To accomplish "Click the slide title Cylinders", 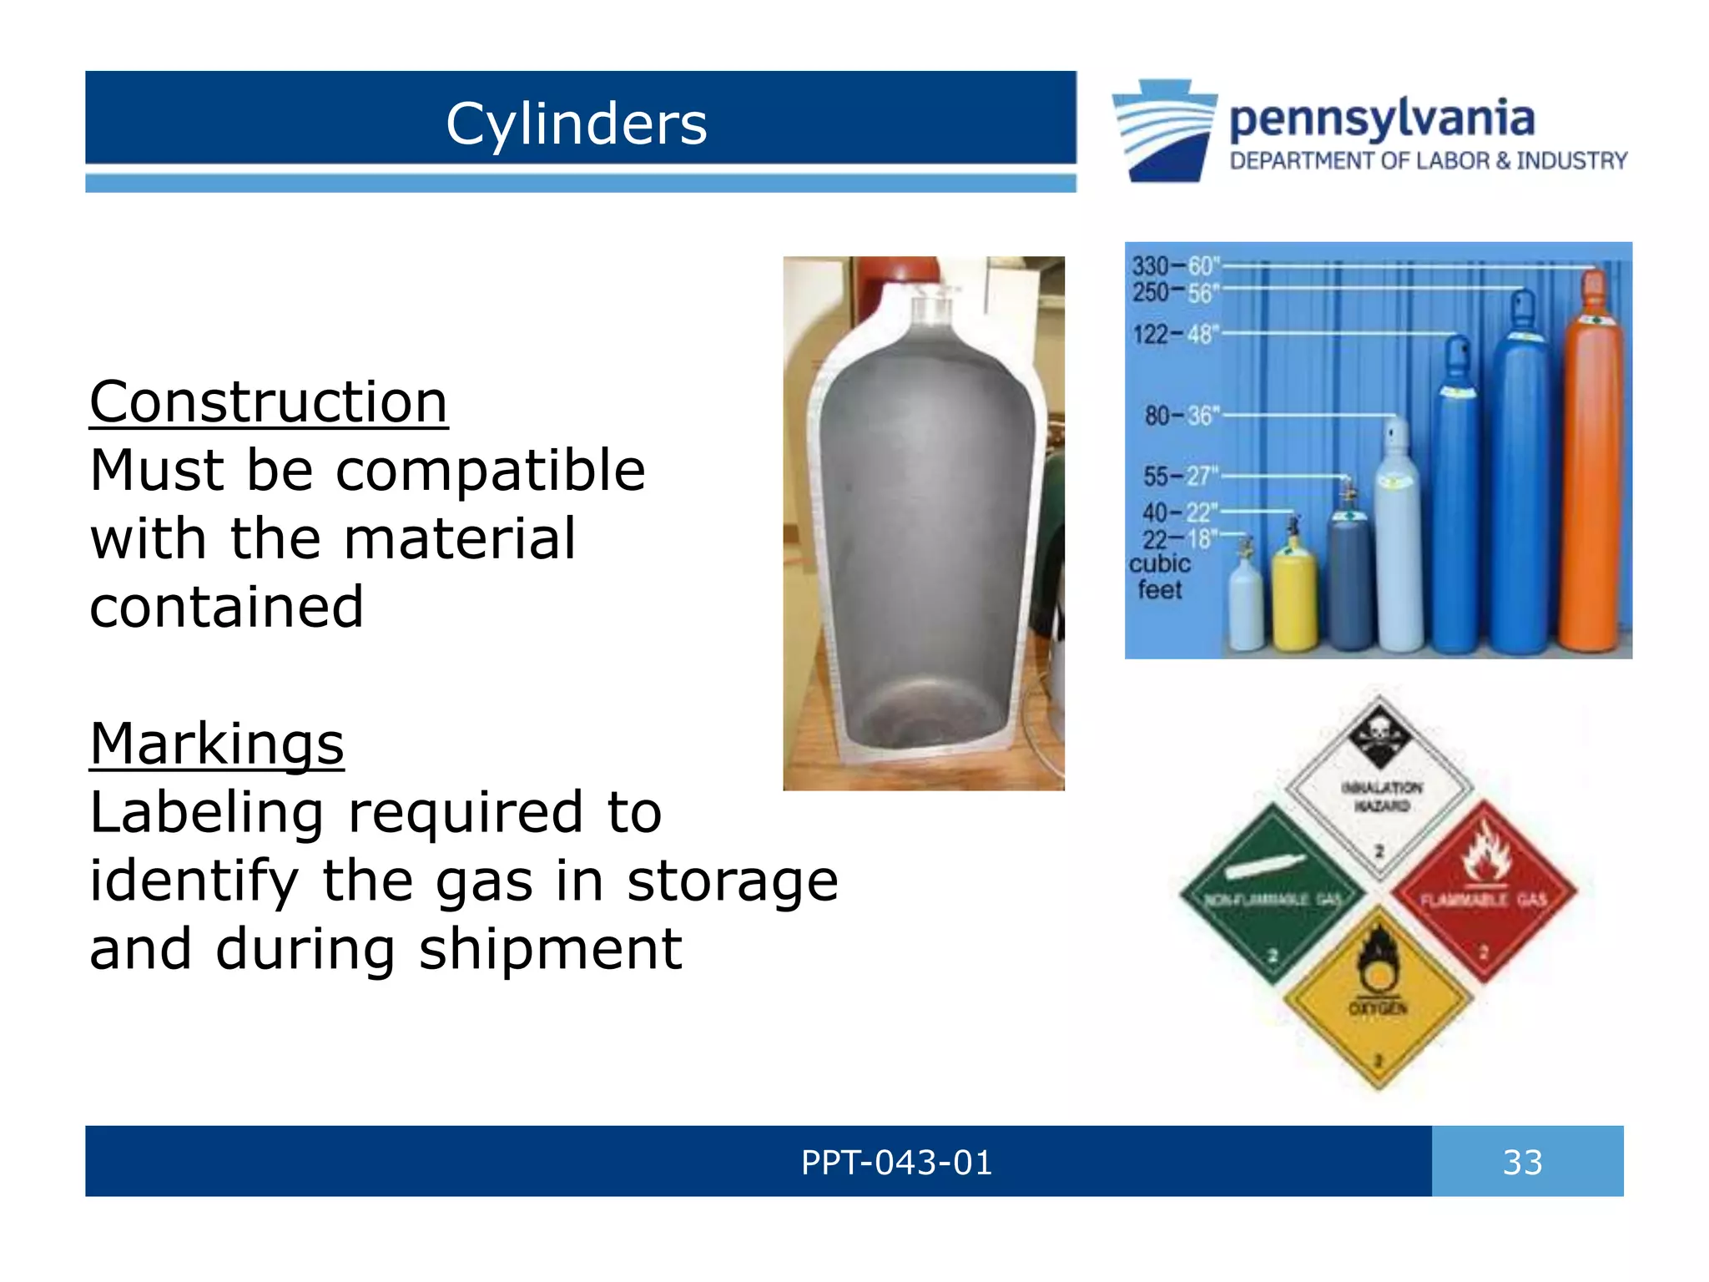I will coord(576,124).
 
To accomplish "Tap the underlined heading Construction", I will coord(268,402).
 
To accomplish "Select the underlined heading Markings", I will coord(216,744).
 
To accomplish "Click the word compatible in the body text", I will coord(490,471).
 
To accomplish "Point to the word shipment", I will coord(550,950).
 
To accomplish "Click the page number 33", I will coord(1522,1162).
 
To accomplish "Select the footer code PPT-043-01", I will coord(896,1162).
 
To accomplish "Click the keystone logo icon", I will coord(1163,130).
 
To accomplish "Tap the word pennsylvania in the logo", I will coord(1382,119).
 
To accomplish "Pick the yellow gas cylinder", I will coord(1294,597).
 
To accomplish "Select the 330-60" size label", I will coord(1175,267).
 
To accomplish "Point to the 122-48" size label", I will coord(1175,335).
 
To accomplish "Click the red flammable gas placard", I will coord(1484,891).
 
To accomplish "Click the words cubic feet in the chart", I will coord(1159,577).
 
